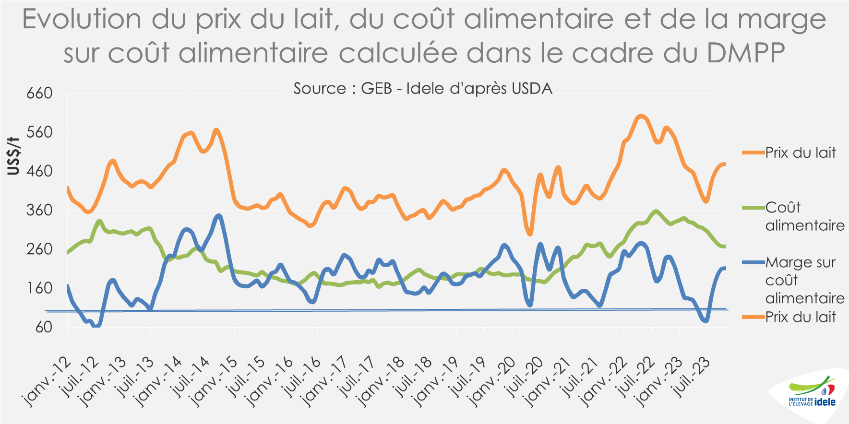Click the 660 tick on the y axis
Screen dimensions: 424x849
[39, 93]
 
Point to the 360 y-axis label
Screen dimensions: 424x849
[39, 210]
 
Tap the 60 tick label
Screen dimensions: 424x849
[43, 327]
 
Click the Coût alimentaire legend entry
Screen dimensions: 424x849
[804, 216]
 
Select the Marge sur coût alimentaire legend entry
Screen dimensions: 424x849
[804, 280]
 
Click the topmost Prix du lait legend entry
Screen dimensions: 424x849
[800, 153]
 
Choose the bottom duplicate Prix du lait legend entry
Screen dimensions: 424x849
[800, 317]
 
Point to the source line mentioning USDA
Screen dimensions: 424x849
[423, 88]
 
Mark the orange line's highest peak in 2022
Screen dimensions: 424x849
[640, 116]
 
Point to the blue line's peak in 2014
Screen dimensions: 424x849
[219, 216]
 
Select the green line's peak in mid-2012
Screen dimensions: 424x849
[99, 221]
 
